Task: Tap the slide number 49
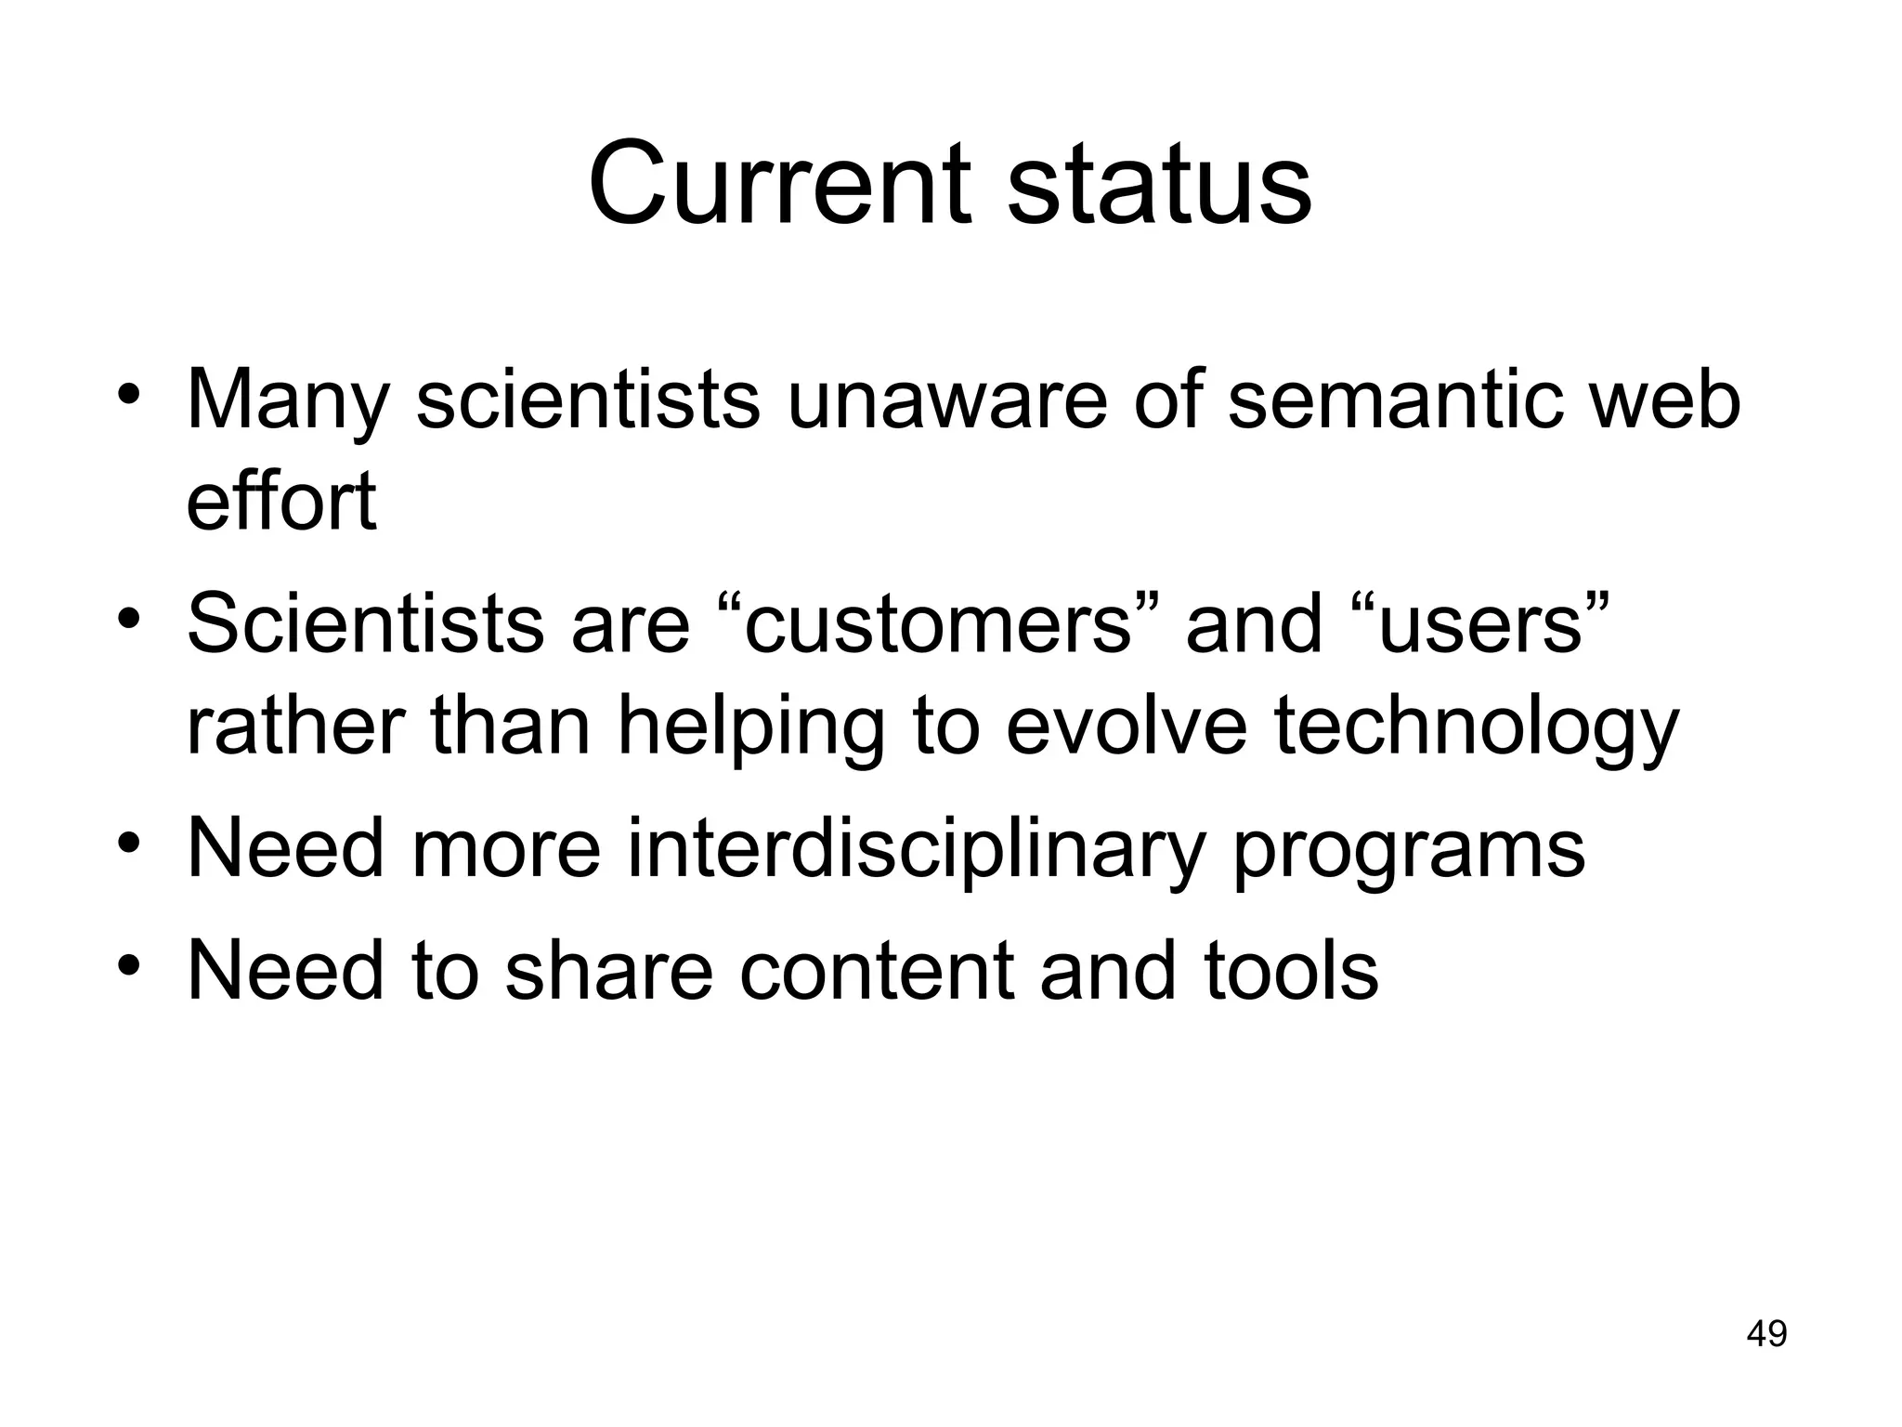tap(1766, 1333)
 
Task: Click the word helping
tap(751, 727)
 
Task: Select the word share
tap(609, 970)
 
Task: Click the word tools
tap(1291, 970)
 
